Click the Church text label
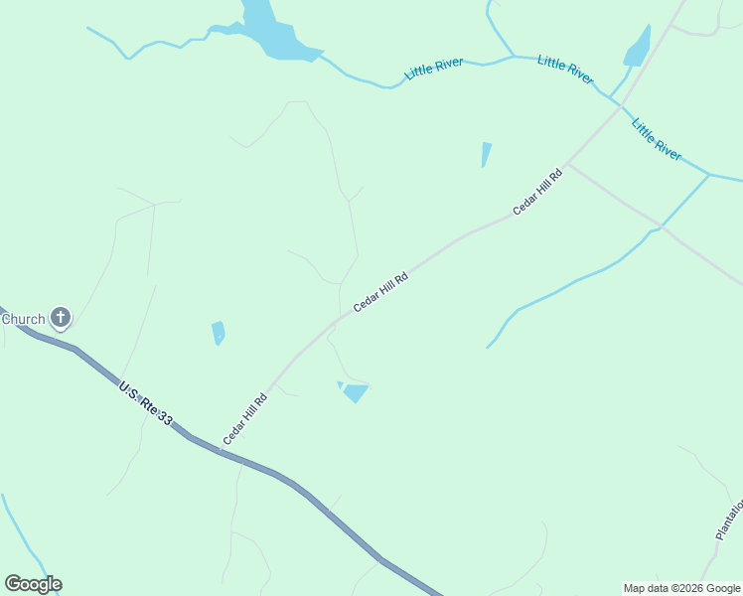[x=23, y=319]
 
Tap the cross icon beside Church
[x=61, y=318]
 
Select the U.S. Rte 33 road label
[x=145, y=404]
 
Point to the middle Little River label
[x=565, y=70]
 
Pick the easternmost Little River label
[x=657, y=139]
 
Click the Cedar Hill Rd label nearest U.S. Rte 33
[x=246, y=418]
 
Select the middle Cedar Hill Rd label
[x=381, y=293]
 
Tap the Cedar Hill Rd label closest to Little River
[x=537, y=193]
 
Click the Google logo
[x=33, y=584]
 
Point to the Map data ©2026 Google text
[x=682, y=588]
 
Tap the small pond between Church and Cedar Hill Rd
[x=218, y=332]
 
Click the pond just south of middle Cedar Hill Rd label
[x=355, y=393]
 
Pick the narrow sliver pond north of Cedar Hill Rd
[x=486, y=154]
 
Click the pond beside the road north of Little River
[x=637, y=47]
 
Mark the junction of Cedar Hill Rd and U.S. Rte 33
[x=220, y=451]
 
